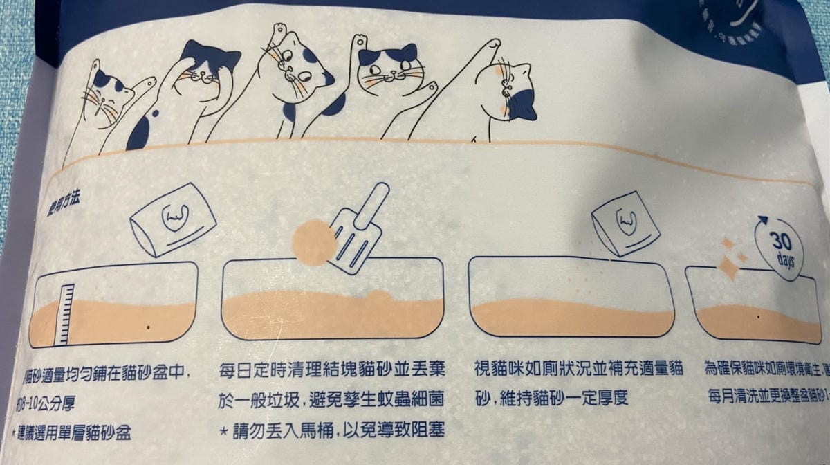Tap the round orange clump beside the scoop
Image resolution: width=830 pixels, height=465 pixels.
tap(313, 243)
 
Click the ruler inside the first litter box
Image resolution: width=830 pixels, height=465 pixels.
tap(65, 314)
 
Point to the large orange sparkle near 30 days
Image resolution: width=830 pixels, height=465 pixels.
tap(728, 267)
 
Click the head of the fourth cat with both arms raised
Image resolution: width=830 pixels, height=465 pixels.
tap(391, 69)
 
